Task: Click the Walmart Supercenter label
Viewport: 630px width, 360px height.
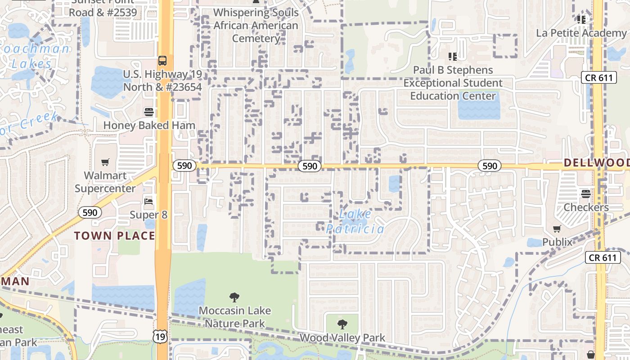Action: tap(105, 182)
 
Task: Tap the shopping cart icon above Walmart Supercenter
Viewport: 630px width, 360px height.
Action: tap(105, 162)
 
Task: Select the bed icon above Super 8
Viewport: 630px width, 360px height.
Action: tap(148, 201)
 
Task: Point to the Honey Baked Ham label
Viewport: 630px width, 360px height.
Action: tap(149, 125)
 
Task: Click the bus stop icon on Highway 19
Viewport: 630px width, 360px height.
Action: tap(162, 60)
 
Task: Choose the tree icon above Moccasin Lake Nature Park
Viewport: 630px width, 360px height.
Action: tap(234, 297)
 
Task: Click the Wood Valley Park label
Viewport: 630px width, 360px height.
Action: tap(342, 337)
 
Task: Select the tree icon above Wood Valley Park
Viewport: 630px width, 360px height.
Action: tap(342, 324)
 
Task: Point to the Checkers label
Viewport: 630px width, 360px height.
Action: tap(586, 207)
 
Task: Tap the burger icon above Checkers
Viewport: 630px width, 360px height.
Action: tap(585, 194)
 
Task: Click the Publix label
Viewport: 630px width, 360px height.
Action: tap(557, 242)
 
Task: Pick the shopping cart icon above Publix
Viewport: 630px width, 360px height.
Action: tap(557, 229)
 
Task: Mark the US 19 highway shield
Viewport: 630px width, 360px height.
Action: tap(160, 335)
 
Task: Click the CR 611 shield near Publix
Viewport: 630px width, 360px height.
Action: tap(603, 257)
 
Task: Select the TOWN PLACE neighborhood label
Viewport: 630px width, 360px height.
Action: tap(114, 235)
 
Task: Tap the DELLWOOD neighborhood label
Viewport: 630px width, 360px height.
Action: tap(596, 162)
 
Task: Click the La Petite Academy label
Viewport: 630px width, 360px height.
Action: tap(581, 33)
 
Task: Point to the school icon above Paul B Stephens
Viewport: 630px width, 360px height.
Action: tap(453, 56)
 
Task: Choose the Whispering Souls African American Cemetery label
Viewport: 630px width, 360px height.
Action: tap(256, 25)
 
